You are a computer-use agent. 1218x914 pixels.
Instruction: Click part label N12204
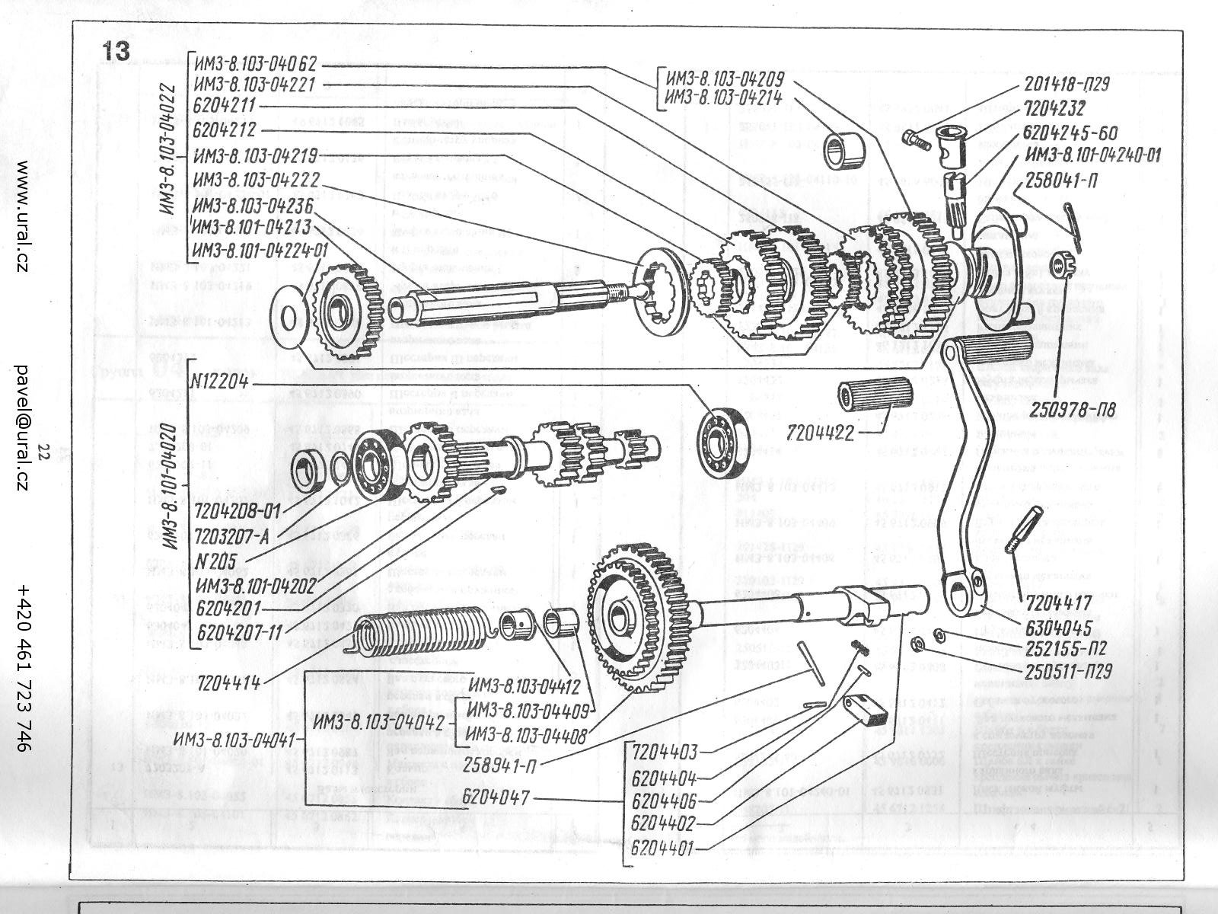(x=221, y=382)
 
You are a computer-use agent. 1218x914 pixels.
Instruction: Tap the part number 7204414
(x=229, y=682)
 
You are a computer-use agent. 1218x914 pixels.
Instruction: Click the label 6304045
(x=1059, y=629)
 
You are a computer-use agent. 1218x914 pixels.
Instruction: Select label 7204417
(x=1059, y=605)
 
